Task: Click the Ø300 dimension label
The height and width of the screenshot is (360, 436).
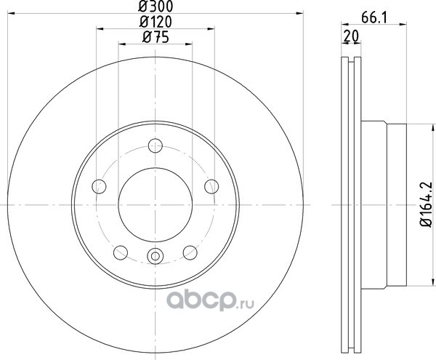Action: [156, 6]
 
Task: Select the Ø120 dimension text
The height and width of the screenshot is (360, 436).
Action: [156, 22]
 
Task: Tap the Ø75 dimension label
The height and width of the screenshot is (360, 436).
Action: [156, 37]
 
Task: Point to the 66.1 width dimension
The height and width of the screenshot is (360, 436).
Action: [374, 18]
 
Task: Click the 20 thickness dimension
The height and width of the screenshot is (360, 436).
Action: [352, 36]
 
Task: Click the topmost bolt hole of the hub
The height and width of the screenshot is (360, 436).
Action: [156, 145]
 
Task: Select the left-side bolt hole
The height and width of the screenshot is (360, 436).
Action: [99, 186]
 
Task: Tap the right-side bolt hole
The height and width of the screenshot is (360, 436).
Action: [211, 186]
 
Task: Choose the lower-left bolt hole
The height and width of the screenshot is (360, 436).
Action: [121, 252]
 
